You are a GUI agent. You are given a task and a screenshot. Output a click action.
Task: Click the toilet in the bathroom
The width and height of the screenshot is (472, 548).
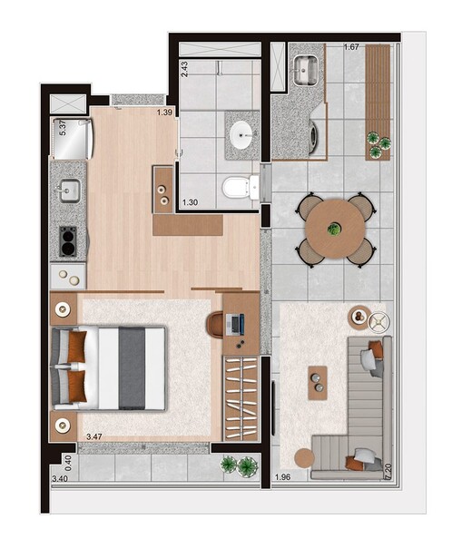click(235, 188)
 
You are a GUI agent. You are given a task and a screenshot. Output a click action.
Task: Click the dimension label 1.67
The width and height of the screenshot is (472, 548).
click(352, 46)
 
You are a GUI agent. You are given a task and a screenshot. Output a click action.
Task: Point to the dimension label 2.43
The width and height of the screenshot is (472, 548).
click(184, 70)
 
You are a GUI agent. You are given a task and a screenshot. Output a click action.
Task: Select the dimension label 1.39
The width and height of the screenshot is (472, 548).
click(164, 113)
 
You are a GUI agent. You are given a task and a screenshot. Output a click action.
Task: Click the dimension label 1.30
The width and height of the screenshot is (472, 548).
click(191, 203)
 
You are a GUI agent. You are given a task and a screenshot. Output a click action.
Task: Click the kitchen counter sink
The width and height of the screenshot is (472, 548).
click(69, 191)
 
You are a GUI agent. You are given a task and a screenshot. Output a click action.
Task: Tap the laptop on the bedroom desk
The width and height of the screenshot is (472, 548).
click(235, 323)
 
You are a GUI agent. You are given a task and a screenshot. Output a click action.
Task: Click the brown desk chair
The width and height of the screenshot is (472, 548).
click(216, 324)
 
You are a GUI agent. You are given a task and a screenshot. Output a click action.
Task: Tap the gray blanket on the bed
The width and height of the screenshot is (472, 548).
click(131, 368)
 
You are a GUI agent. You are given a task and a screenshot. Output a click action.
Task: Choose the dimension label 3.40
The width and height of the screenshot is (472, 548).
click(61, 478)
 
